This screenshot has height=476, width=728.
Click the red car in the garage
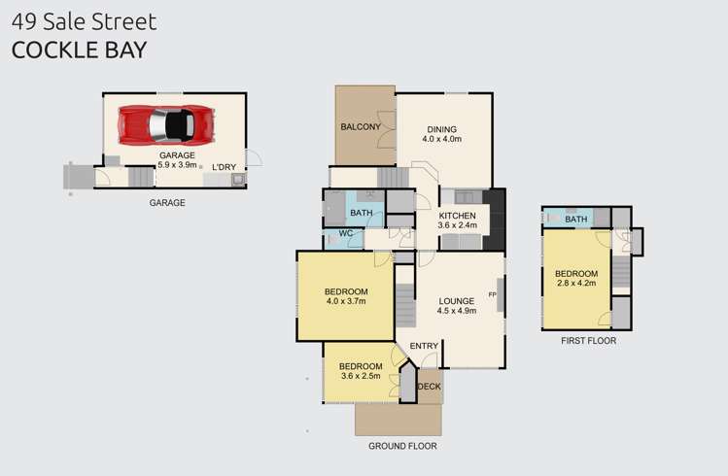point(166,124)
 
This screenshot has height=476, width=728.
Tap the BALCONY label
point(361,126)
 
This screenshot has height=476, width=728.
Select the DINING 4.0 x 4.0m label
point(442,134)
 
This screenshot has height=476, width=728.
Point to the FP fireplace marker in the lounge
point(492,294)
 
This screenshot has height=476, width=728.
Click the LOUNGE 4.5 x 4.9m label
point(457,306)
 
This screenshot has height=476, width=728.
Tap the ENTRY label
point(424,346)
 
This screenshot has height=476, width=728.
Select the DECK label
point(430,387)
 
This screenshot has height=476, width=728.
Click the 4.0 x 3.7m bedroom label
point(346,296)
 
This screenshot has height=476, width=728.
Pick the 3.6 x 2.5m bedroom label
point(361,371)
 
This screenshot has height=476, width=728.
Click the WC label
point(346,233)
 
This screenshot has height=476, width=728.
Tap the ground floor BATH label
point(362,213)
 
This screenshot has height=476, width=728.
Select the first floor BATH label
point(576,219)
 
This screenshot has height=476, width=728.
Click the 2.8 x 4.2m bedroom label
point(576,278)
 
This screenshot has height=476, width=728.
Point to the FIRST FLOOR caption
point(588,341)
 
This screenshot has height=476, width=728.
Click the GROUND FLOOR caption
point(402,446)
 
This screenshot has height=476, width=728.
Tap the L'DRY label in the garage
point(225,167)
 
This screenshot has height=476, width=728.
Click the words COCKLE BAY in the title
point(80,51)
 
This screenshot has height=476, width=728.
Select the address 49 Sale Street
point(84,21)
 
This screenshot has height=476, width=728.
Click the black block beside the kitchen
point(495,219)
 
